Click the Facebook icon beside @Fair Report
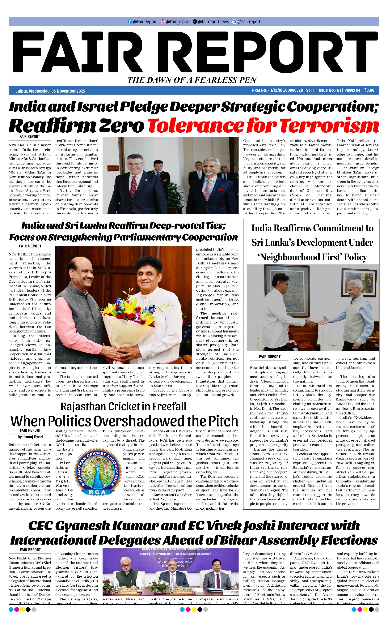(x=129, y=22)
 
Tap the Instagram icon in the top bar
(x=163, y=22)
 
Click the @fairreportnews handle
(x=213, y=22)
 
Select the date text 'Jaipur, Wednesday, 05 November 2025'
(x=51, y=91)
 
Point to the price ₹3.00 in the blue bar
(x=369, y=90)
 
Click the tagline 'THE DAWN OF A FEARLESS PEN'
(x=192, y=80)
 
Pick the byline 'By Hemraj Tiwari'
(x=30, y=437)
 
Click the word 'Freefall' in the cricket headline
(x=169, y=407)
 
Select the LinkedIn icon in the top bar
(x=234, y=22)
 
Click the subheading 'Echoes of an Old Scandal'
(x=172, y=431)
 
